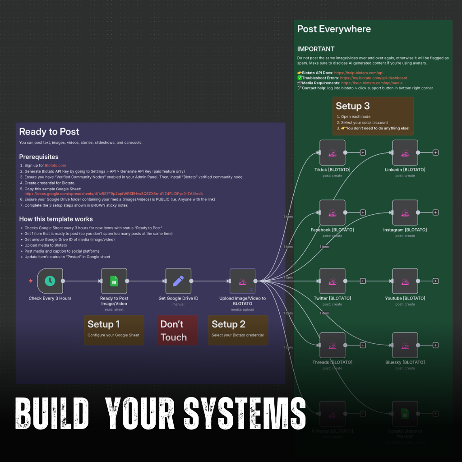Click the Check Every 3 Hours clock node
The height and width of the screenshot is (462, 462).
[x=50, y=281]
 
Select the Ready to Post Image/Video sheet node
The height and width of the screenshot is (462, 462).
[x=114, y=281]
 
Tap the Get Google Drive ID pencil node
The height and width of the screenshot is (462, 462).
[x=178, y=281]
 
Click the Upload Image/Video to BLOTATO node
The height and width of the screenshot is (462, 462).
[x=242, y=281]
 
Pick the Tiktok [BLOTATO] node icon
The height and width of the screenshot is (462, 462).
[x=332, y=152]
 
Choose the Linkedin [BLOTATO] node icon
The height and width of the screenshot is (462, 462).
[x=405, y=152]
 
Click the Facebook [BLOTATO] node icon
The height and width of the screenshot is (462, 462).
[x=332, y=213]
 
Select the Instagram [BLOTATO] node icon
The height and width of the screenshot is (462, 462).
[x=405, y=213]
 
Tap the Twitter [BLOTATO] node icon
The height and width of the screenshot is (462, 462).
[x=332, y=281]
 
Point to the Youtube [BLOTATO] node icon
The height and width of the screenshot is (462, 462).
[x=405, y=281]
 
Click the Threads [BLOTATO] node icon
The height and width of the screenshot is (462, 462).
[x=332, y=345]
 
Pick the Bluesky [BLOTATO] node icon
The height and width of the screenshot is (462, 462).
[x=405, y=345]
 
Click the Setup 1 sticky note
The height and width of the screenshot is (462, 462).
[x=114, y=330]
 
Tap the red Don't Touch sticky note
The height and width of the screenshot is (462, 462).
[x=176, y=330]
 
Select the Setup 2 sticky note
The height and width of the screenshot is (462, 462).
[x=238, y=330]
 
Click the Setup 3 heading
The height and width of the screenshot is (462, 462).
[x=353, y=106]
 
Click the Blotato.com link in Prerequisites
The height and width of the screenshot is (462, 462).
[x=55, y=166]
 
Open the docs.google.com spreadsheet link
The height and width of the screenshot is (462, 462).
[x=113, y=194]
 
